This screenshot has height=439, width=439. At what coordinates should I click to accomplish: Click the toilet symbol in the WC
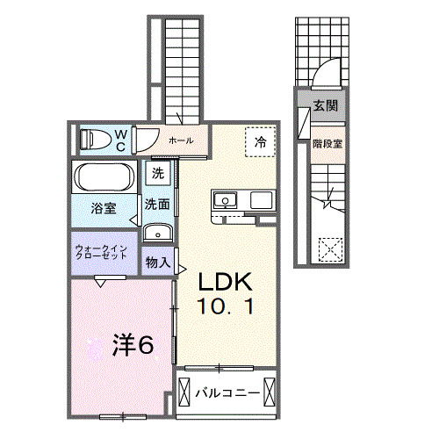[x=94, y=139]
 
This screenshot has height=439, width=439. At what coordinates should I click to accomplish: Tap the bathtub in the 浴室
[x=104, y=176]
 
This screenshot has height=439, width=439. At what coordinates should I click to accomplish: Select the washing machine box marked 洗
[x=158, y=173]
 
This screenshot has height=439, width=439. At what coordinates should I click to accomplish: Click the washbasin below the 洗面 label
[x=158, y=233]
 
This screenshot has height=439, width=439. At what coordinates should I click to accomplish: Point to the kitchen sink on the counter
[x=226, y=200]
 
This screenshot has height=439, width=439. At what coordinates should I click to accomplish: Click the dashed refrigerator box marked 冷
[x=260, y=142]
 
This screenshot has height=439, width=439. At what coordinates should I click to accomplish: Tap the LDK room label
[x=225, y=282]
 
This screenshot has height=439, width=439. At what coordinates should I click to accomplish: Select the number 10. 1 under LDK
[x=225, y=306]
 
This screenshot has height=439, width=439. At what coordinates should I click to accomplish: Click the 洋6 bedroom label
[x=133, y=345]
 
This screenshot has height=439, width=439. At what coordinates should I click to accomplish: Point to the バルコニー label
[x=227, y=392]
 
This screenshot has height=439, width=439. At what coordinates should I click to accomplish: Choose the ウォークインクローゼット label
[x=101, y=252]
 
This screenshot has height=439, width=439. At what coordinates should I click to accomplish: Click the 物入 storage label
[x=158, y=263]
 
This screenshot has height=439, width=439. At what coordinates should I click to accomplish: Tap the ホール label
[x=181, y=140]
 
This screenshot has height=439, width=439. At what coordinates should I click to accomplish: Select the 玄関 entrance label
[x=326, y=105]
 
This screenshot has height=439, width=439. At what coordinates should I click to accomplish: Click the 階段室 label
[x=327, y=144]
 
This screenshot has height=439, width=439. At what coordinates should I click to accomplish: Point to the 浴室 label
[x=104, y=208]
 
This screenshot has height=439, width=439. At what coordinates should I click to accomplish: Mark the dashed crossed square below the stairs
[x=331, y=249]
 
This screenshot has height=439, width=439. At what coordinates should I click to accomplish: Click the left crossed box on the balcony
[x=184, y=392]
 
